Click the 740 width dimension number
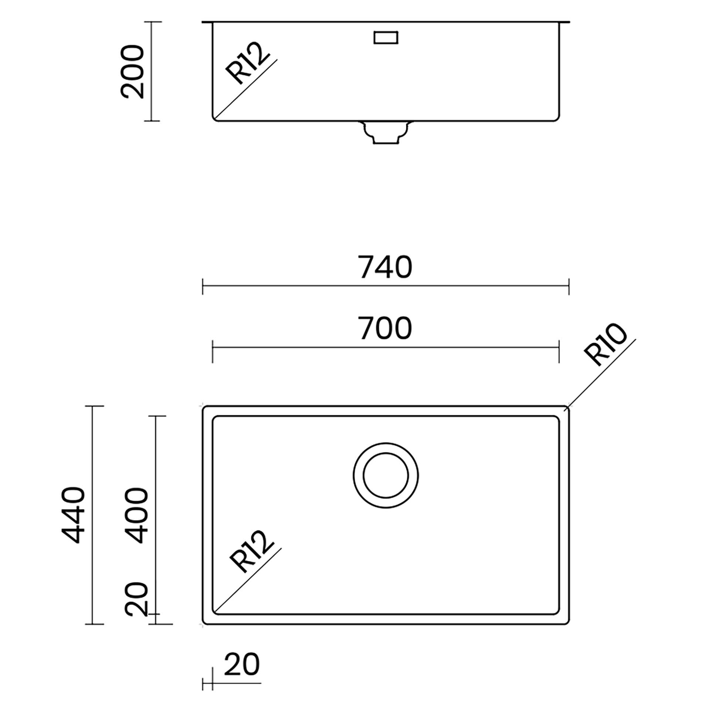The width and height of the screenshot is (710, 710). (385, 267)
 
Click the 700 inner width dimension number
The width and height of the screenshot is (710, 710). (385, 328)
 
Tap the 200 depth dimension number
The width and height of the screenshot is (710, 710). (132, 72)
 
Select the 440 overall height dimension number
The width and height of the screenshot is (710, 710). (73, 515)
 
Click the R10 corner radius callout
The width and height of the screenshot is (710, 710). (606, 344)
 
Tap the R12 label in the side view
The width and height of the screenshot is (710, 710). (247, 63)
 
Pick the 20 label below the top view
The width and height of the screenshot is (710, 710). (242, 665)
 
